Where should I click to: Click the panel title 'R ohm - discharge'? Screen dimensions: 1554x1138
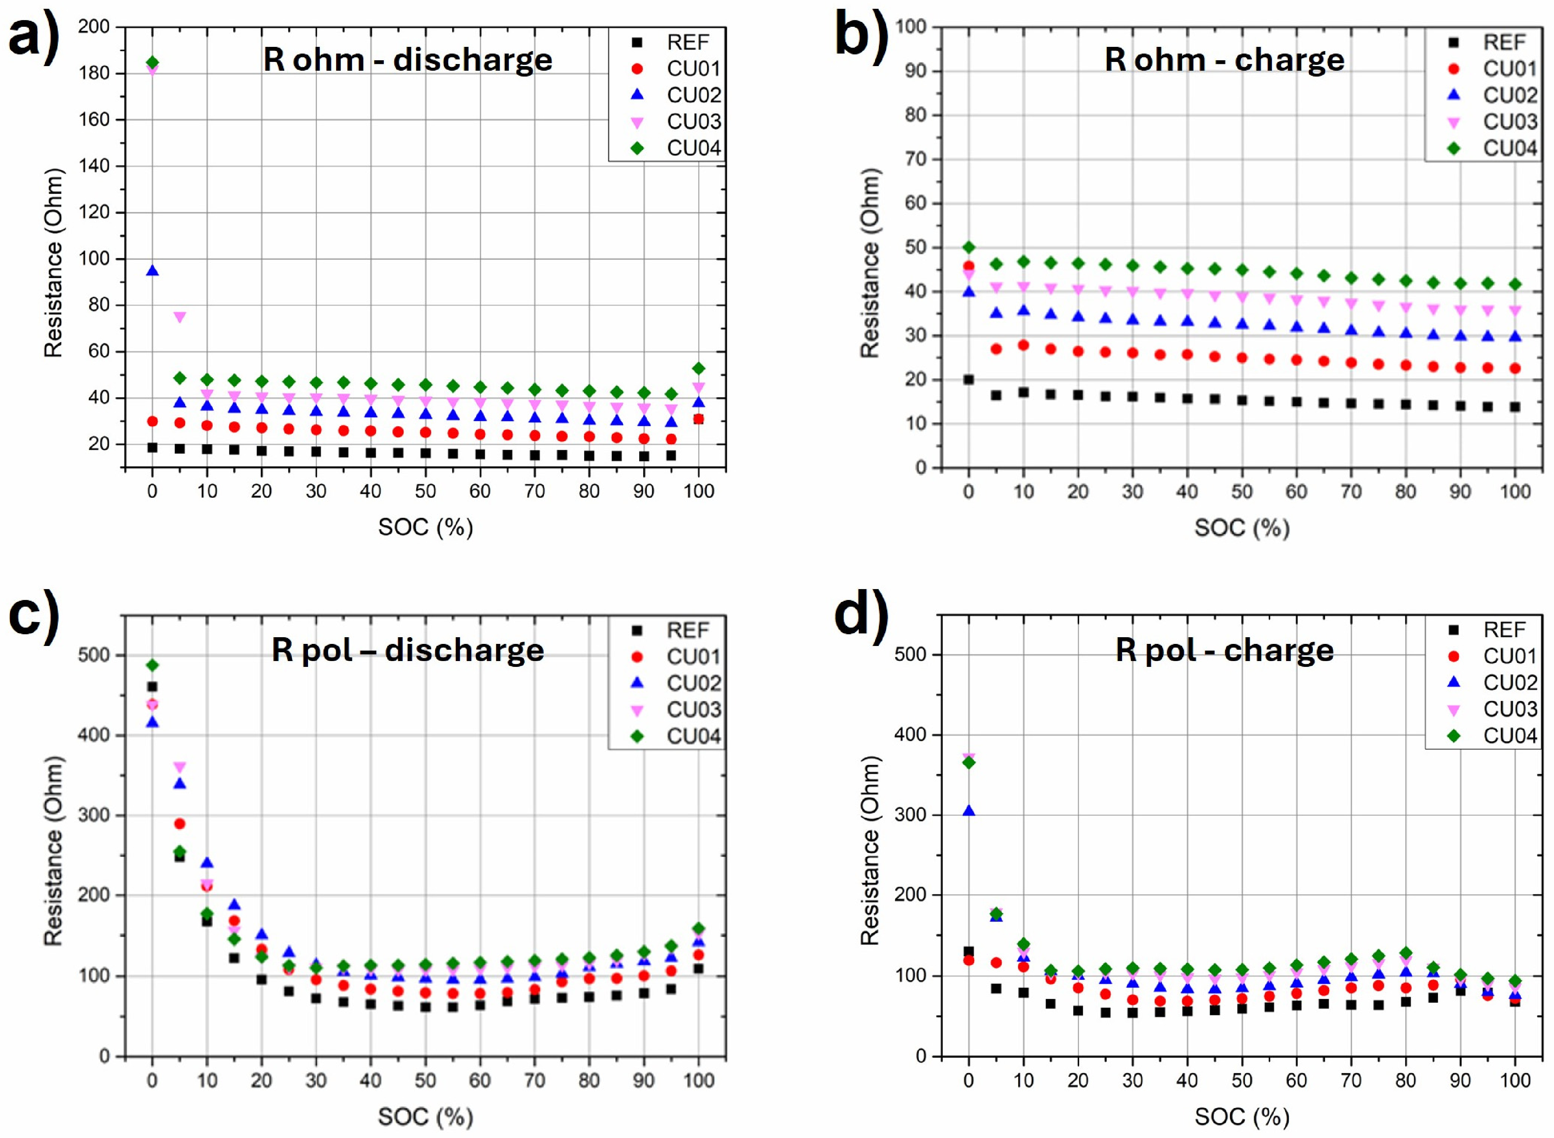pyautogui.click(x=408, y=60)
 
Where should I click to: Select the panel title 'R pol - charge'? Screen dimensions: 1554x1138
pyautogui.click(x=1225, y=650)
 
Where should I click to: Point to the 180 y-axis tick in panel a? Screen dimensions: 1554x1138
pyautogui.click(x=93, y=73)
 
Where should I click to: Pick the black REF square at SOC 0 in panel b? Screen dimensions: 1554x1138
pyautogui.click(x=968, y=379)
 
